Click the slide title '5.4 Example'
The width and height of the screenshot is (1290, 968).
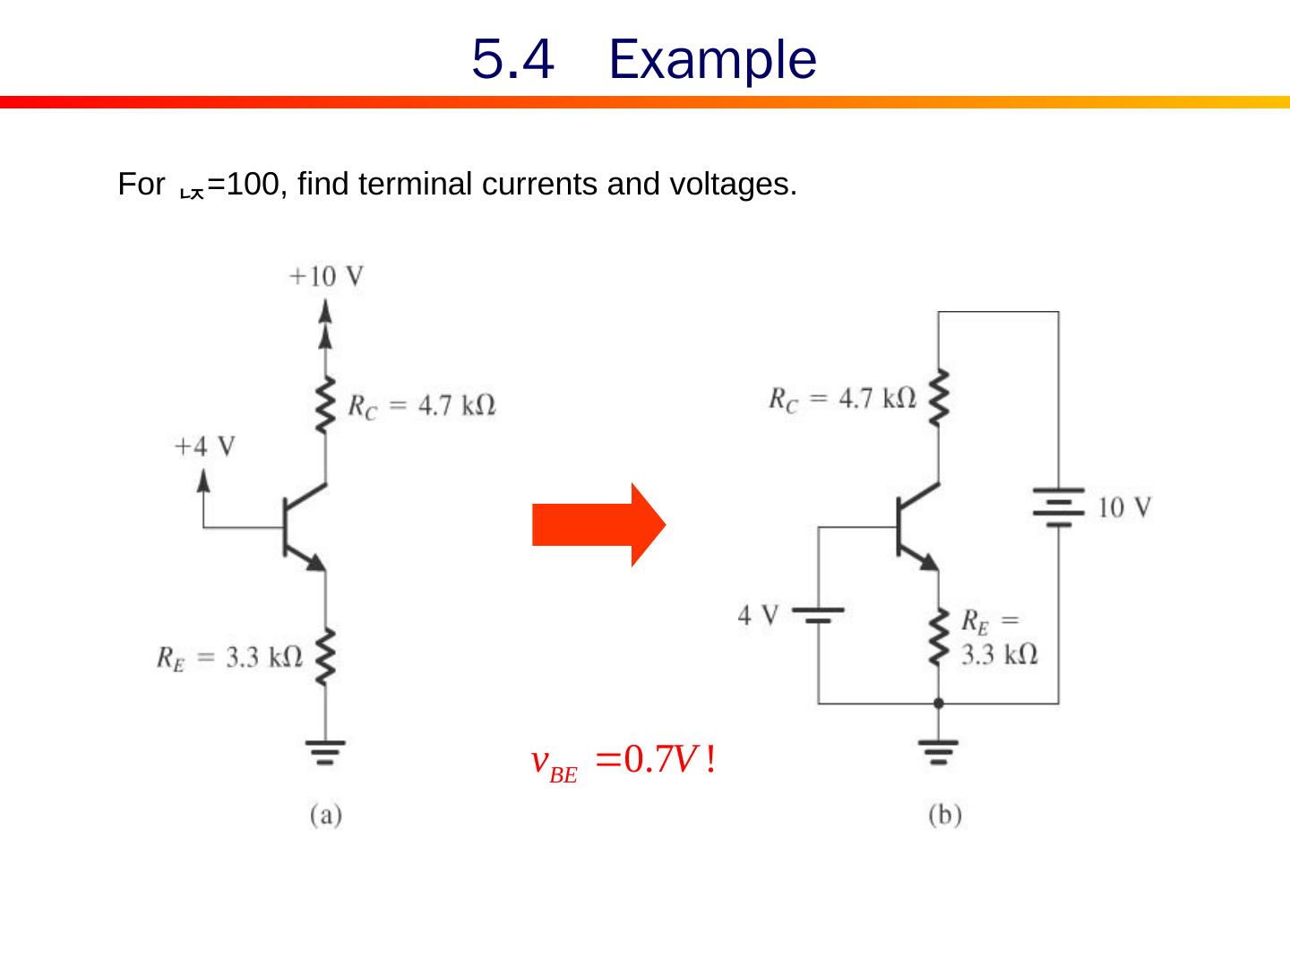tap(643, 60)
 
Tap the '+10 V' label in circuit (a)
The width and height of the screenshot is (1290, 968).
tap(326, 276)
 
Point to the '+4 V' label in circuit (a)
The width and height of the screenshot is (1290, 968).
tap(204, 446)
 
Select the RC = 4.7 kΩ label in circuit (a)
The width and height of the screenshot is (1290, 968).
tap(421, 406)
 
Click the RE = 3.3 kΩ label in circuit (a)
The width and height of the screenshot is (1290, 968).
tap(229, 658)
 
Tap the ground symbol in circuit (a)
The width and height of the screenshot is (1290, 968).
tap(325, 751)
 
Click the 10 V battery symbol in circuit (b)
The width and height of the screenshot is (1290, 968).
tap(1058, 507)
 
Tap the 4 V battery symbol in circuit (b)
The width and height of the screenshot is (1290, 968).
tap(818, 615)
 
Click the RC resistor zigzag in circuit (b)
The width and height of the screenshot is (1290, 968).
tap(938, 397)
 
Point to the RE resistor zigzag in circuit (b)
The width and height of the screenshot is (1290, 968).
tap(938, 636)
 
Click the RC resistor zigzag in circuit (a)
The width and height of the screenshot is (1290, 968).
tap(326, 406)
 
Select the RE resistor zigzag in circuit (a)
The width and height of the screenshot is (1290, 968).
tap(325, 657)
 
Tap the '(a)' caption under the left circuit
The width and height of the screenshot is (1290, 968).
tap(326, 816)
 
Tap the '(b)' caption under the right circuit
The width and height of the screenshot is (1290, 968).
tap(945, 816)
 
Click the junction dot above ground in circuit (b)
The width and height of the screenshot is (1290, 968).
tap(938, 704)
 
